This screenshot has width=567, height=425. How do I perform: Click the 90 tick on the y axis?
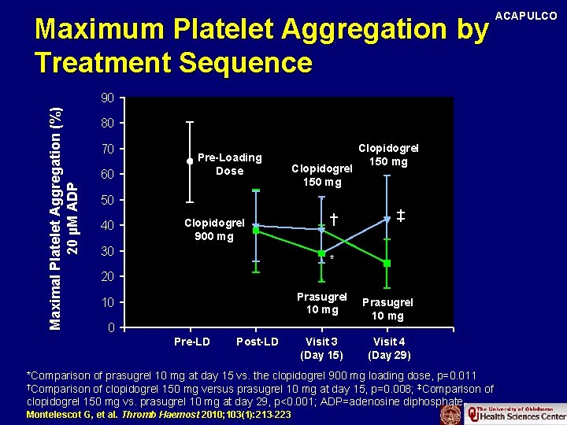[108, 98]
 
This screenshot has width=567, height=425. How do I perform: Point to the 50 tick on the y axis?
[108, 200]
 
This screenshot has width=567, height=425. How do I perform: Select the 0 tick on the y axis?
[111, 327]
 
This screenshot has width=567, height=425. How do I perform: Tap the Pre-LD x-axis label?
[191, 342]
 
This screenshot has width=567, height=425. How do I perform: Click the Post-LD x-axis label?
[257, 342]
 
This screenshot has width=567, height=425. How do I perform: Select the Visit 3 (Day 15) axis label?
[321, 348]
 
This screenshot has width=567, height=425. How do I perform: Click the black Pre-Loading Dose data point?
[190, 161]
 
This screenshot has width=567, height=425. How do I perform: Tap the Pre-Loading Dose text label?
[229, 164]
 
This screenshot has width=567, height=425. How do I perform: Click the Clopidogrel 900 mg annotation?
[214, 229]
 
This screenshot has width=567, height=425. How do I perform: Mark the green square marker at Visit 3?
[321, 253]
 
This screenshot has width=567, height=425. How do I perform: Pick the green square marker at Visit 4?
[387, 263]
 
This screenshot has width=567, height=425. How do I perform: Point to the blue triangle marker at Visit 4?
[387, 219]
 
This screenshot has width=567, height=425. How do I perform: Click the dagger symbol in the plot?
[334, 218]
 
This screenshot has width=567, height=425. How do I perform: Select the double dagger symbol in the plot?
[400, 215]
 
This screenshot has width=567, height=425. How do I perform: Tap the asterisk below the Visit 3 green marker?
[332, 259]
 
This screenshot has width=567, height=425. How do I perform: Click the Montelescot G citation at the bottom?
[158, 414]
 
